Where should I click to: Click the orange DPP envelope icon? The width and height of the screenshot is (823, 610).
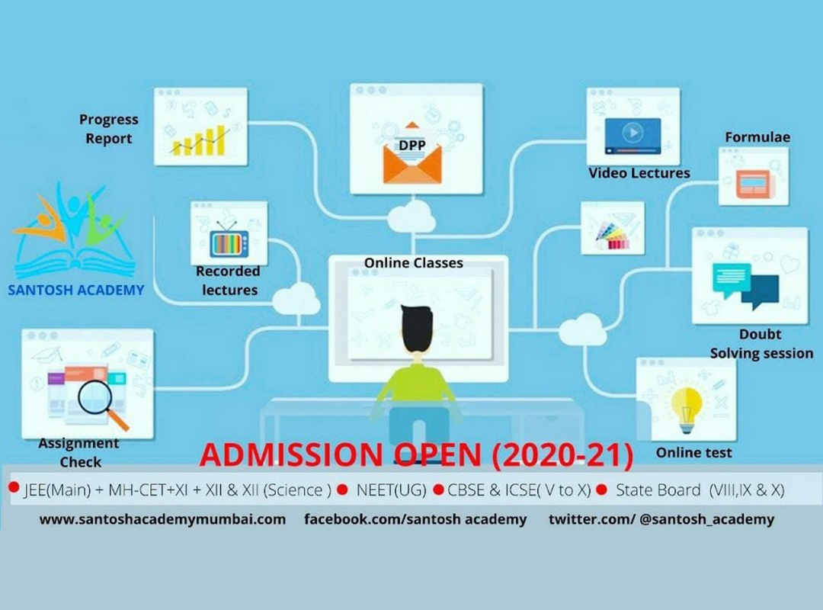tap(412, 153)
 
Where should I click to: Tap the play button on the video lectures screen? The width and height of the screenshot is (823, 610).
tap(632, 133)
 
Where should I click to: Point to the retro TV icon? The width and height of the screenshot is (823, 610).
tap(229, 239)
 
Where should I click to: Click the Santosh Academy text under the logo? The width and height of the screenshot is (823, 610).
tap(76, 290)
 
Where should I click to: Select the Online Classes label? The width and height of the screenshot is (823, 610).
tap(414, 263)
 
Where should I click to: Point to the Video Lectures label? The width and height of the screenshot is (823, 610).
tap(639, 173)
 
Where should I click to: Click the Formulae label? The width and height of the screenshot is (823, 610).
tap(757, 137)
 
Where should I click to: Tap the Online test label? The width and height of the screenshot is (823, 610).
tap(693, 452)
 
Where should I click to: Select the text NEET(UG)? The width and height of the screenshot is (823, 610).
tap(391, 490)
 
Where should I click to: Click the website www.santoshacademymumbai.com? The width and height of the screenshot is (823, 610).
tap(163, 519)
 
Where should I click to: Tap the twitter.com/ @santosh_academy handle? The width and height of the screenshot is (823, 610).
tap(661, 519)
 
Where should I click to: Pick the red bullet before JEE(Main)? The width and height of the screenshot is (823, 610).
tap(14, 487)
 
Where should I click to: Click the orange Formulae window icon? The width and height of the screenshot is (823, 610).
tap(754, 183)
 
